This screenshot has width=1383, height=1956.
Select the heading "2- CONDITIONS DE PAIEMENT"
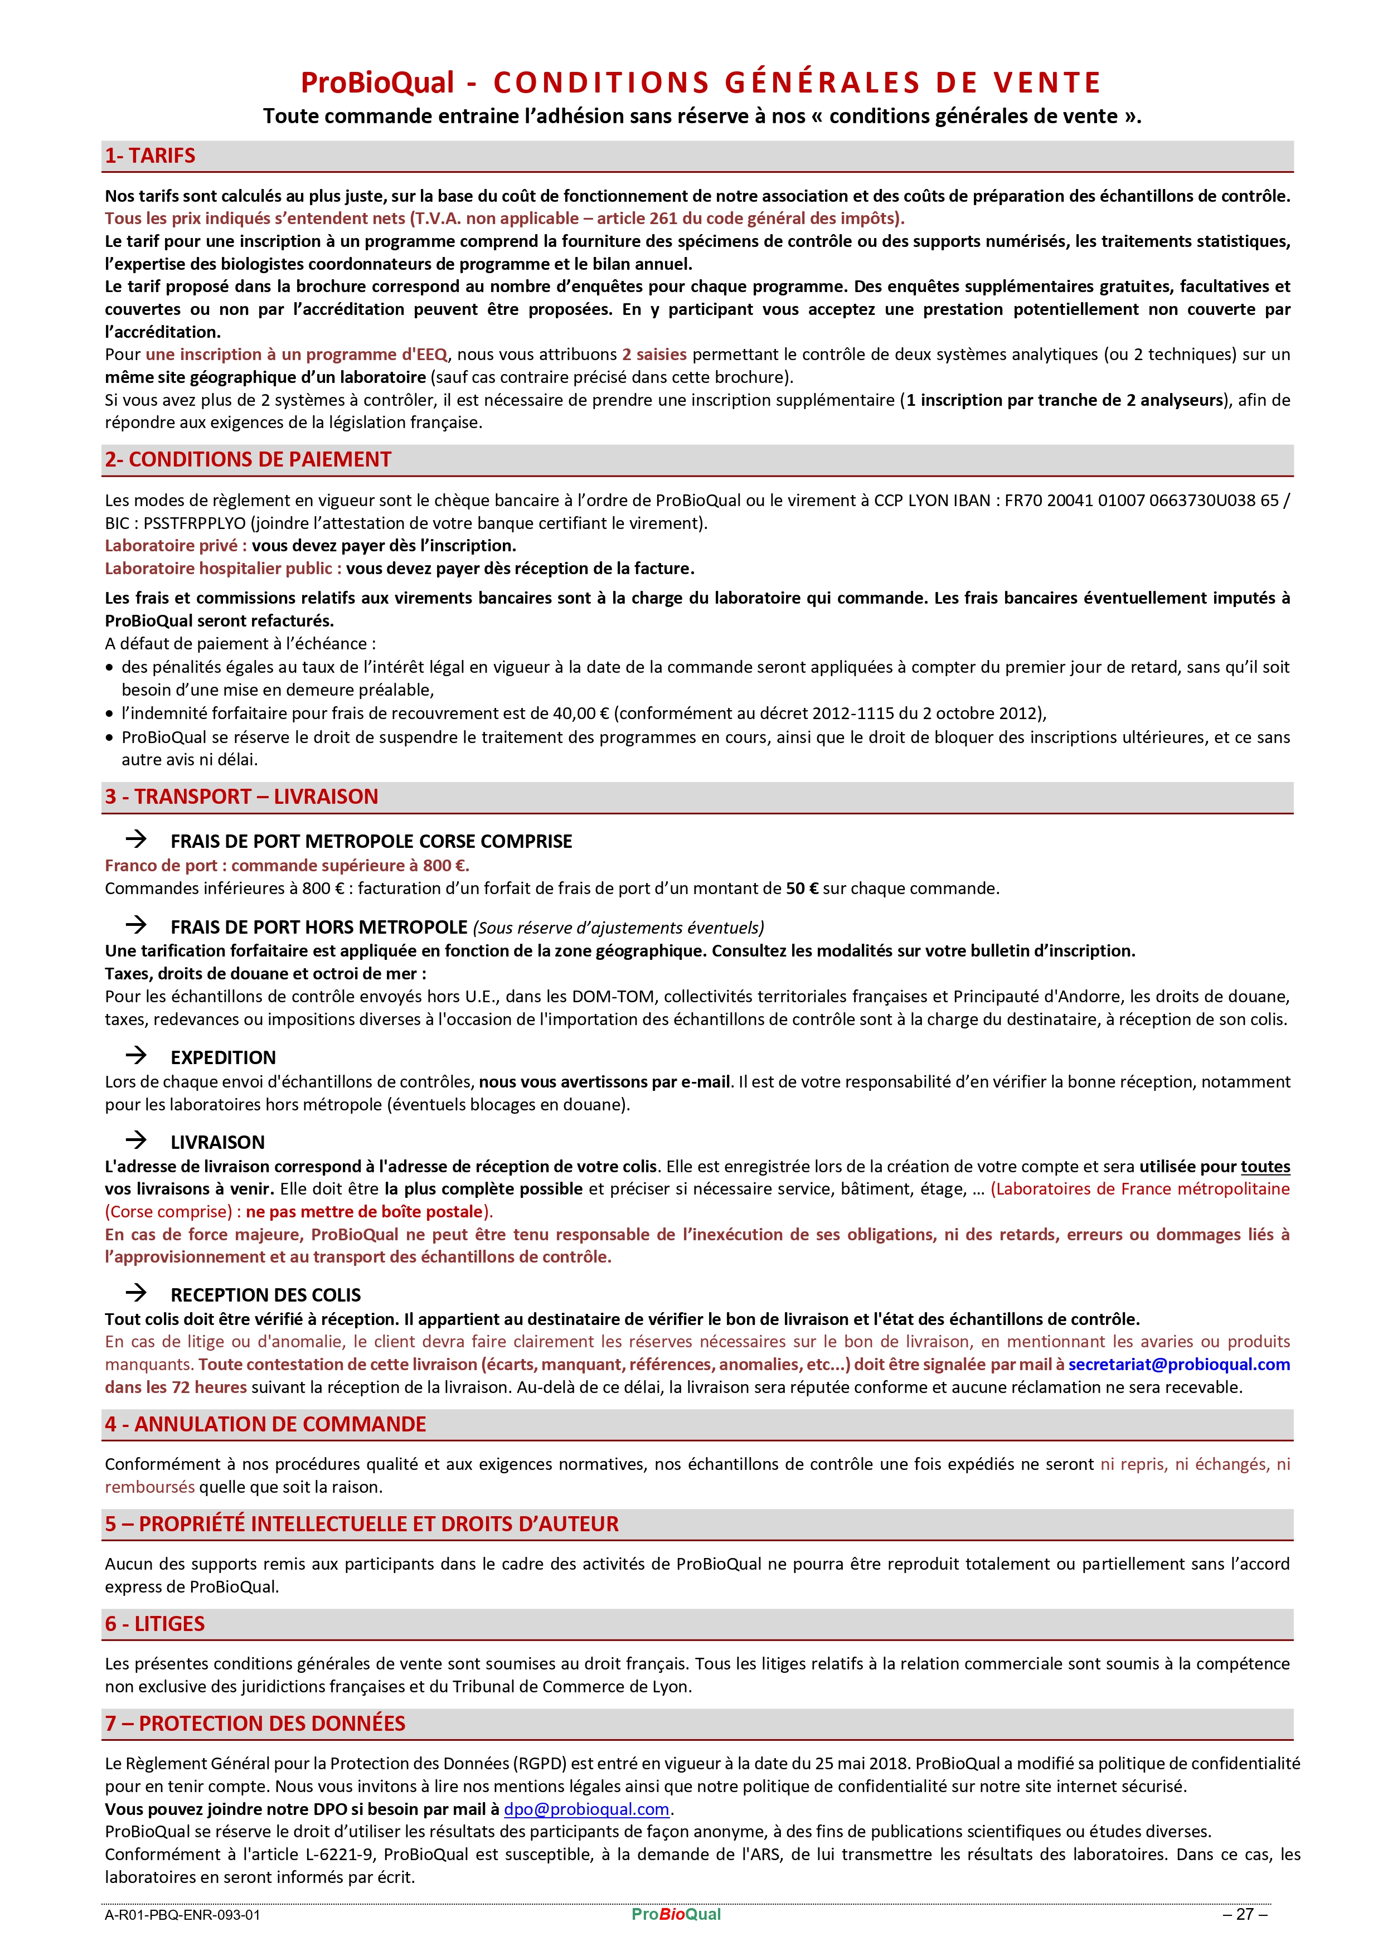coord(247,460)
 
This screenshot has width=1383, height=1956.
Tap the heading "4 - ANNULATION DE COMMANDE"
coord(265,1424)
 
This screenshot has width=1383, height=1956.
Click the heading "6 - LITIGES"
coord(154,1624)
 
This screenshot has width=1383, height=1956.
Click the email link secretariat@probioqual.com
coord(1178,1364)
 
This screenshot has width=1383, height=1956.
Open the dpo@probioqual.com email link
coord(586,1809)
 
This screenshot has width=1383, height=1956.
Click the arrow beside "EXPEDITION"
coord(137,1056)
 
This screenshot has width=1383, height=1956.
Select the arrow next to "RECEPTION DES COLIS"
coord(137,1293)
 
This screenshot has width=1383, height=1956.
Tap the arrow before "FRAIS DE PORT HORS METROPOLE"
coord(137,925)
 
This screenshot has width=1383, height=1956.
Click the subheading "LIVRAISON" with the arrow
coord(217,1142)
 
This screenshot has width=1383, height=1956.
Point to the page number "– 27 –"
coord(1245,1914)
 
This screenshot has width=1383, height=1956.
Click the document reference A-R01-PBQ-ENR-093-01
coord(182,1915)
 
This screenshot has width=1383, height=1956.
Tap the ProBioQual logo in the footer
coord(676,1914)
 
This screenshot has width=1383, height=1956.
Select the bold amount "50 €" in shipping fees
coord(801,889)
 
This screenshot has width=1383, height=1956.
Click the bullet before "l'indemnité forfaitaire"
coord(109,714)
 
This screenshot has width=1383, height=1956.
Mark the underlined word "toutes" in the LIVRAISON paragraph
coord(1265,1166)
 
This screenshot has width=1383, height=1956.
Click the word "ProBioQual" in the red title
coord(377,82)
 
